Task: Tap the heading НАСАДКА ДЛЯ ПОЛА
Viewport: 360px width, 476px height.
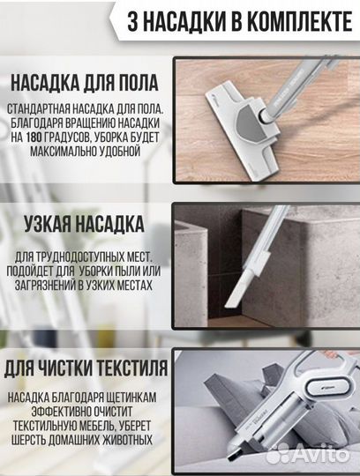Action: point(85,84)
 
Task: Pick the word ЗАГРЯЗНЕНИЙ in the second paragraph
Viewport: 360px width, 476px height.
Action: point(50,286)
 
